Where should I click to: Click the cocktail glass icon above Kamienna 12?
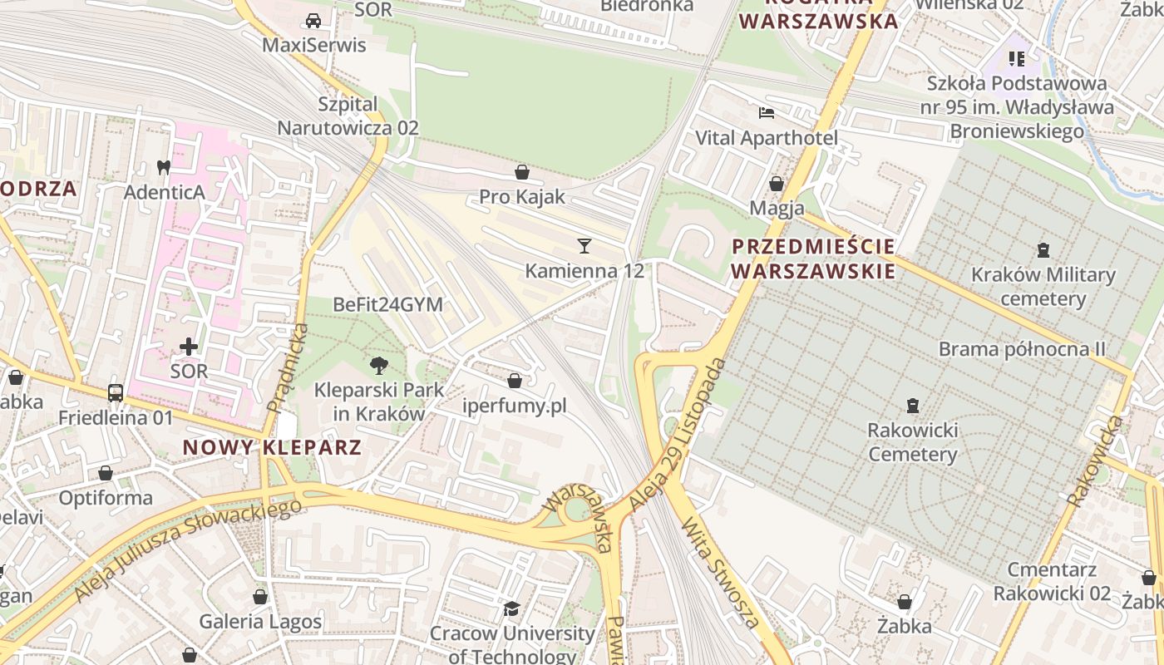[584, 245]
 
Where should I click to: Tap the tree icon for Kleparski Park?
[379, 364]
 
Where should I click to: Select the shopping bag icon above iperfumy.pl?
[515, 381]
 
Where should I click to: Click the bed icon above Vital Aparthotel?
[766, 112]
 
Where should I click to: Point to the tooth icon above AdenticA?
[164, 167]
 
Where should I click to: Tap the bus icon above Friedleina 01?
[116, 392]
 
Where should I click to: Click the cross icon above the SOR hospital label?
[189, 346]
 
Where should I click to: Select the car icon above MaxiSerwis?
[313, 20]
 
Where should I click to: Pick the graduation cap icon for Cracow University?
[511, 609]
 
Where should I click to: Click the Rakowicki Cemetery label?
[912, 442]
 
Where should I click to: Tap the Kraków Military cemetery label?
[1043, 286]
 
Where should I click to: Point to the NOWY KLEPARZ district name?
[272, 447]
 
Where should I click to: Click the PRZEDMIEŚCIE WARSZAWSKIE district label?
[813, 259]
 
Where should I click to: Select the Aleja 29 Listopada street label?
[678, 434]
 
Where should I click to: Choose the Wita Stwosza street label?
[720, 574]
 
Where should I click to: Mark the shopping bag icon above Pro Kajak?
[522, 172]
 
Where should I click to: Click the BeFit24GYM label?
[387, 304]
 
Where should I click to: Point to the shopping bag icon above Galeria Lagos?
[260, 597]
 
